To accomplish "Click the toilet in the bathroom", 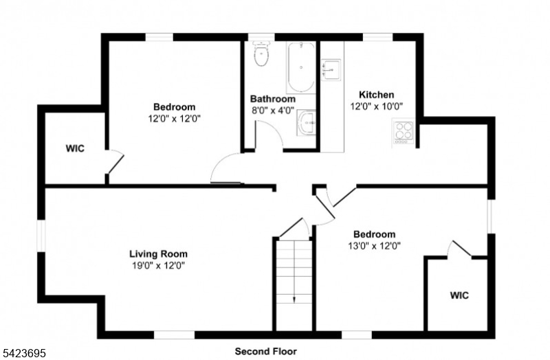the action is click(261, 54).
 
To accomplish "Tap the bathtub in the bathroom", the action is click(300, 67).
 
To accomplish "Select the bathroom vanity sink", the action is click(306, 122).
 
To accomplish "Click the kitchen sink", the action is click(331, 70).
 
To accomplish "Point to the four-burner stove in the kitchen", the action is click(404, 132).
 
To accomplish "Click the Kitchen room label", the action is click(376, 95).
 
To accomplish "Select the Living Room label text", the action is click(159, 254).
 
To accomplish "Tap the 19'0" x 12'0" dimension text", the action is click(158, 266).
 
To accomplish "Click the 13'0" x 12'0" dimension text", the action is click(374, 246).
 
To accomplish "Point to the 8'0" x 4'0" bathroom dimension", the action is click(272, 111).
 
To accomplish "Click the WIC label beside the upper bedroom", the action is click(75, 148).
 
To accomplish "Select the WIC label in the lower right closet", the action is click(459, 295).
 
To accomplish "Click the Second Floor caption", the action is click(266, 351).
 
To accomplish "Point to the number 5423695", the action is click(23, 353).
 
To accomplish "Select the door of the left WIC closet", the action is click(115, 162).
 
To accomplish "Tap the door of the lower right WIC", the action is click(461, 249).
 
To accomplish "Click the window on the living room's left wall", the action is click(41, 236).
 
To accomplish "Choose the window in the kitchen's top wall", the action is click(377, 37).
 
